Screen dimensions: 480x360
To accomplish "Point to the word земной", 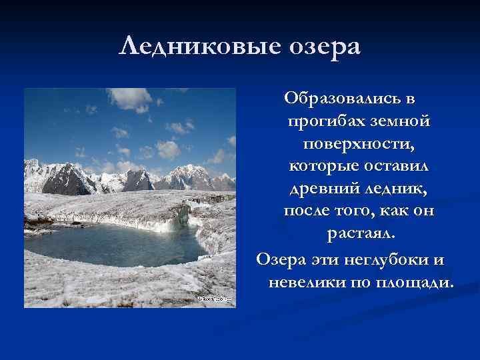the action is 401,121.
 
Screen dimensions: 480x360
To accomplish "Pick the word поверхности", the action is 359,144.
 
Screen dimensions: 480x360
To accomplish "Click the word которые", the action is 324,167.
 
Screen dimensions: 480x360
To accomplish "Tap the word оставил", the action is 397,166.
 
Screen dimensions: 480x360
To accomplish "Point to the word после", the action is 307,211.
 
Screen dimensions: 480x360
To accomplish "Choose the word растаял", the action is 361,234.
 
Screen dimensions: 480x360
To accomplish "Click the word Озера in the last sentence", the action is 281,260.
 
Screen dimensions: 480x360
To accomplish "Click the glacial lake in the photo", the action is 113,244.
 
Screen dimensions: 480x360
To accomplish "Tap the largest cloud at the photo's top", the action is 131,99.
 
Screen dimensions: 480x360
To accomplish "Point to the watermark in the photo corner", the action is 215,299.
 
